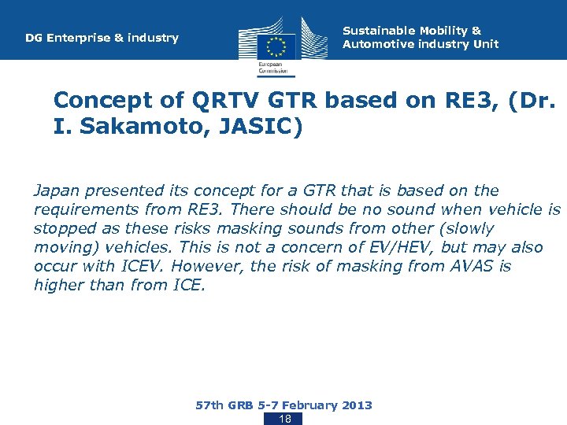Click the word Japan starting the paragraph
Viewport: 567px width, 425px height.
tap(57, 190)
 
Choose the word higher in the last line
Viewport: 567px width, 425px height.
tap(59, 285)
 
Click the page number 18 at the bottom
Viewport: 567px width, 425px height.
tap(285, 419)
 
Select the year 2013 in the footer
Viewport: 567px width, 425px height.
tap(357, 405)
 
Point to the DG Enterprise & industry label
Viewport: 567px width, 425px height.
tap(102, 38)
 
